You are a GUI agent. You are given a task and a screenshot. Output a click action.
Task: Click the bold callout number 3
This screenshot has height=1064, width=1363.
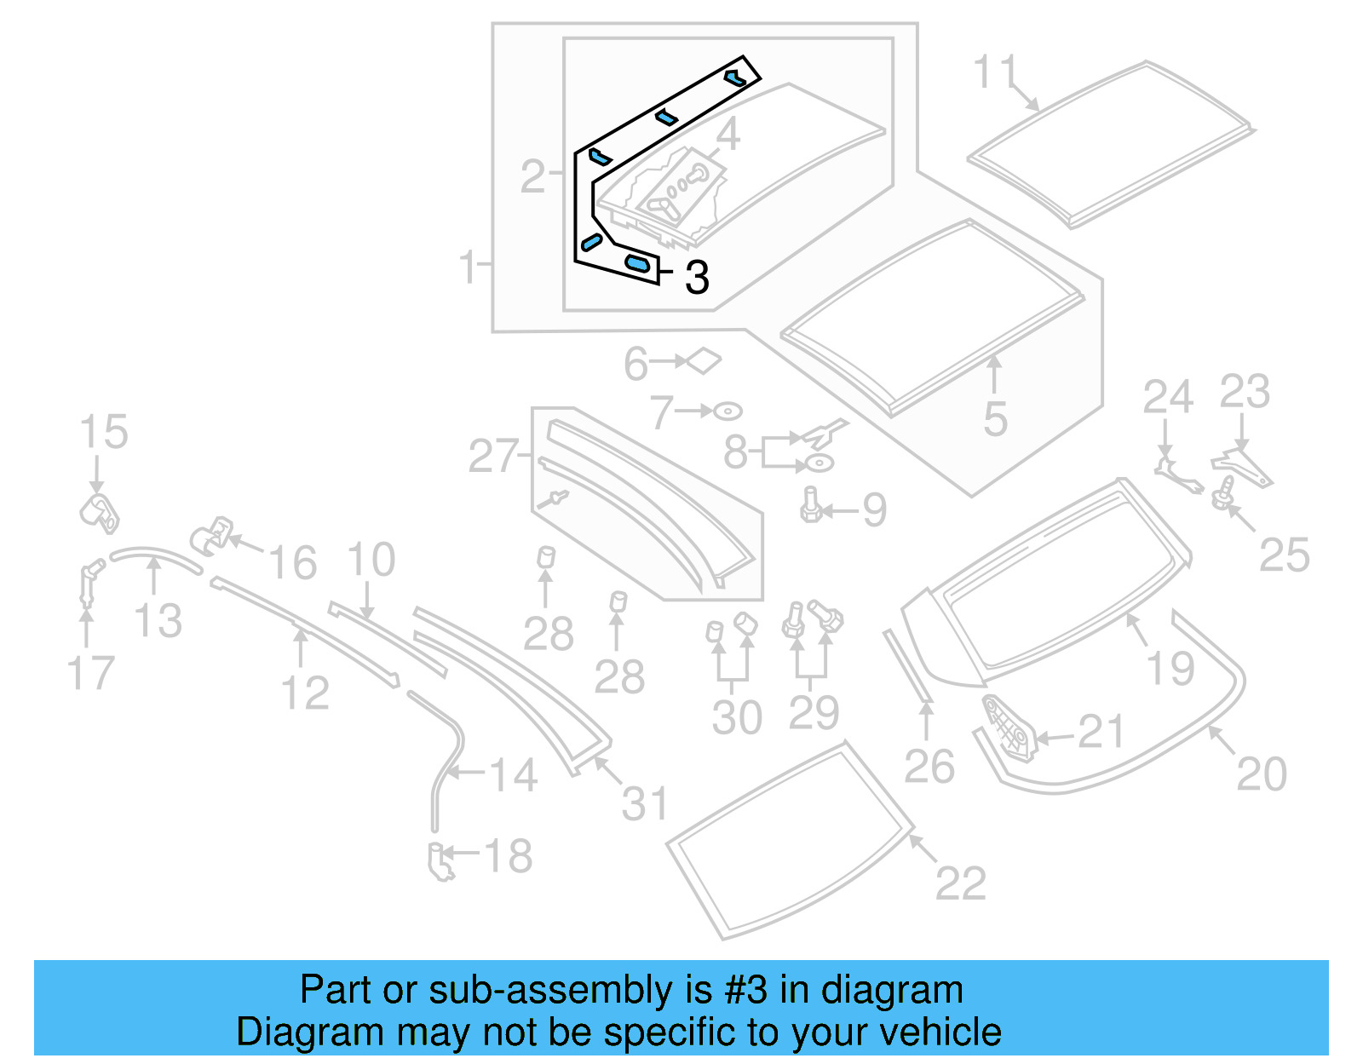697,277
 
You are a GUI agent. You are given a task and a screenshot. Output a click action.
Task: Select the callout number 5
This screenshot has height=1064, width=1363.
995,419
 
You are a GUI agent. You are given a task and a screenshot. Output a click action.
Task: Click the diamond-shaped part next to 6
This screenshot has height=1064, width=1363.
704,361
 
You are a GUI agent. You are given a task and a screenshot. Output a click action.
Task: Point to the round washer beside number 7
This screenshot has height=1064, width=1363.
728,411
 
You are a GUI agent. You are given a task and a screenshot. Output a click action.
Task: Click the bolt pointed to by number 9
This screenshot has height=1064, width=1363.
810,505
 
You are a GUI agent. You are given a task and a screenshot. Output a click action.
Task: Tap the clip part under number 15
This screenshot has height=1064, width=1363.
100,511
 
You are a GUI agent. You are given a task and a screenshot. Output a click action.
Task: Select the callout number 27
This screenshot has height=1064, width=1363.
492,457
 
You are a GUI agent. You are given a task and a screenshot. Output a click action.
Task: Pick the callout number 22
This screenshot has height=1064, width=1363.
960,883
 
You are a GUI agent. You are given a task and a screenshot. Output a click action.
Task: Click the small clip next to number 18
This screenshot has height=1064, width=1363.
440,861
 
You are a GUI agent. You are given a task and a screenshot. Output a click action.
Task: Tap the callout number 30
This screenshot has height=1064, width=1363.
737,717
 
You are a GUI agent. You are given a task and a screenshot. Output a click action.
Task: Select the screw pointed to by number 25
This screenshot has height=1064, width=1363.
1225,492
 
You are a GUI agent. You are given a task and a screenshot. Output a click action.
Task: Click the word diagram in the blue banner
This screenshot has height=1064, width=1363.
892,990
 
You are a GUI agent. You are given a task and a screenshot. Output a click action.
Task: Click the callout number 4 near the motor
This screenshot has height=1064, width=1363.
728,135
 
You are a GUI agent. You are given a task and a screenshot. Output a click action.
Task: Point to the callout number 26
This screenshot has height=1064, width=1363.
929,767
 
